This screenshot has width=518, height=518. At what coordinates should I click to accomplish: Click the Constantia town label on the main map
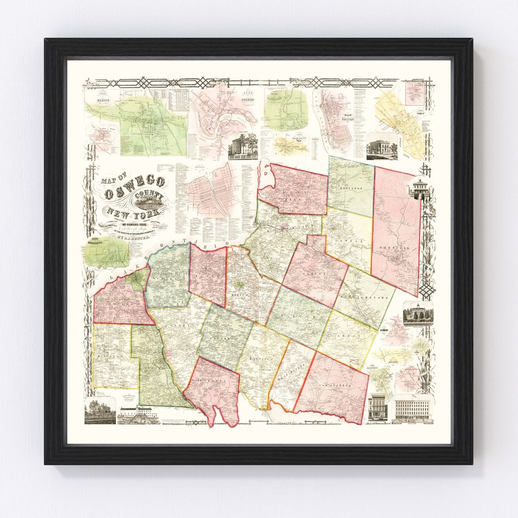pyautogui.click(x=336, y=385)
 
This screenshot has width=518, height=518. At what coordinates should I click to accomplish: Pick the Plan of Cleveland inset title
pyautogui.click(x=287, y=92)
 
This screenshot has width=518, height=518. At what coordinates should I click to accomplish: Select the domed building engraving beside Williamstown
pyautogui.click(x=418, y=314)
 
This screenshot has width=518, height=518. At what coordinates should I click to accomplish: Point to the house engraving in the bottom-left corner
pyautogui.click(x=100, y=411)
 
